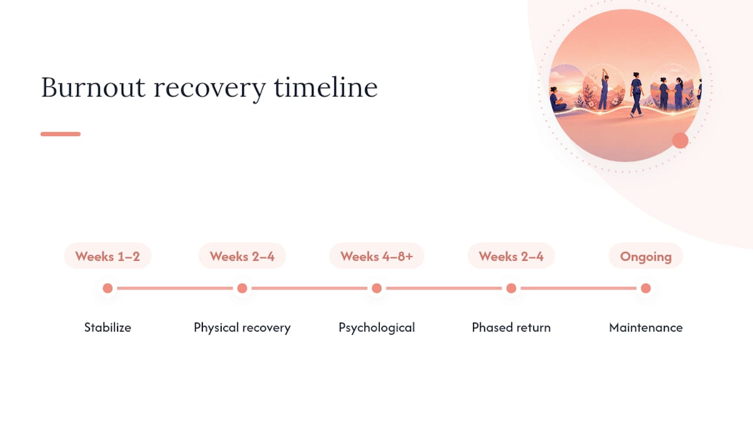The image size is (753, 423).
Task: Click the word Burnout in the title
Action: coord(93,88)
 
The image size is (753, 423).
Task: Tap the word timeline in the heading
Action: coord(326,88)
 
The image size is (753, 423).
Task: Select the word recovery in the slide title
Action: coord(210,90)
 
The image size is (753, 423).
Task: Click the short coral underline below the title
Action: coord(61,134)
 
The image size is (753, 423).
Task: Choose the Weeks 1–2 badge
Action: coord(108,256)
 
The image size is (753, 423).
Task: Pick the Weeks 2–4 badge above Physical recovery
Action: coord(242,256)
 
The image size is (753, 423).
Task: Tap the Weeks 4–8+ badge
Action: coord(376,256)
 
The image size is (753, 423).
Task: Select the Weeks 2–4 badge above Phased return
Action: coord(511,256)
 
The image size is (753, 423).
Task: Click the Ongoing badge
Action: coord(645,256)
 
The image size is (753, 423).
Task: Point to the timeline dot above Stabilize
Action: coord(108,288)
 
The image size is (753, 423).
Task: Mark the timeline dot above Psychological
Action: coord(376,288)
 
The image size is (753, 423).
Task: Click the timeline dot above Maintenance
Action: coord(645,288)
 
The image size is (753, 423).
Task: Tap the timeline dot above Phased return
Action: coord(511,288)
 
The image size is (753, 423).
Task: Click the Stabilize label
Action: coord(108,327)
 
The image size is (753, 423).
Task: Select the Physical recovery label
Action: coord(242,328)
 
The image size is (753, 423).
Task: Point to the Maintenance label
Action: coord(646,327)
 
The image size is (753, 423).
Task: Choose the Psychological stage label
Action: coord(376,328)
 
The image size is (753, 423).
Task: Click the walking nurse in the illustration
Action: coord(636,95)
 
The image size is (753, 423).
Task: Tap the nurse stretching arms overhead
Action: coord(604,90)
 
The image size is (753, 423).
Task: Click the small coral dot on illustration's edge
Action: coord(681,140)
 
